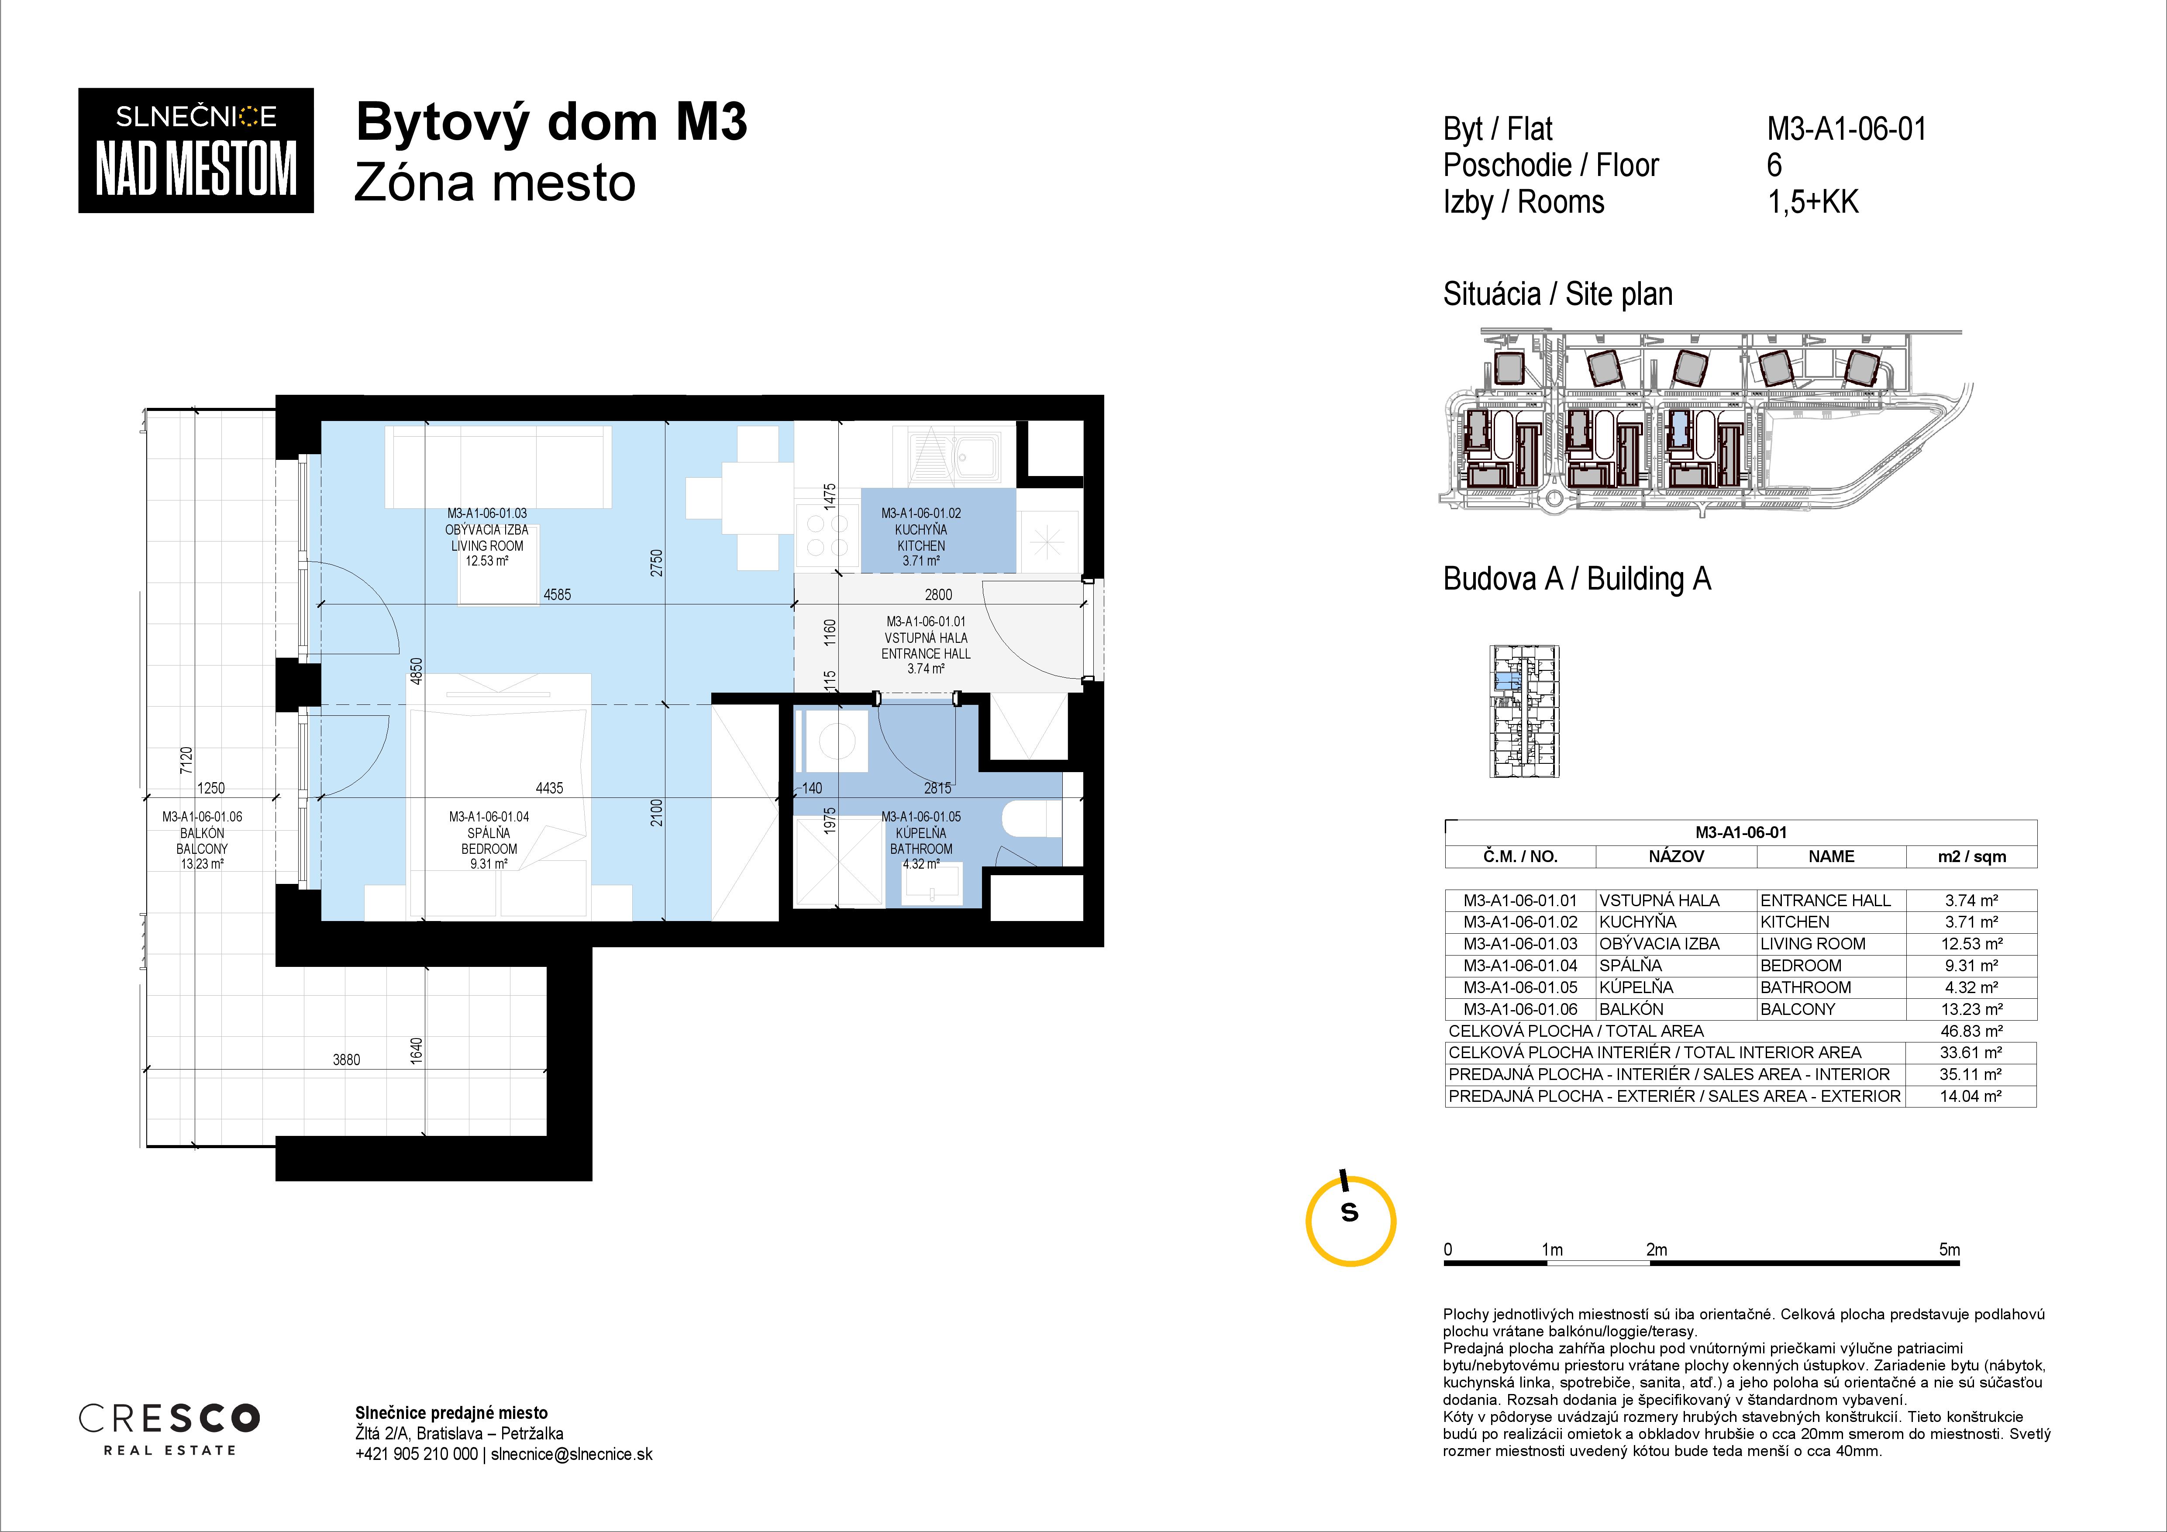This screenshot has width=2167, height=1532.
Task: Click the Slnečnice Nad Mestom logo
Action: (195, 150)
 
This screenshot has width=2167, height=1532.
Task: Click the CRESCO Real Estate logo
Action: (169, 1428)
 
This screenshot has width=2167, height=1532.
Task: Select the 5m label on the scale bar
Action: (1949, 1249)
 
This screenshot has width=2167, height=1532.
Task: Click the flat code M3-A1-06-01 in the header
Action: (1846, 128)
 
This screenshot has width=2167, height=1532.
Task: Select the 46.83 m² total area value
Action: (1971, 1031)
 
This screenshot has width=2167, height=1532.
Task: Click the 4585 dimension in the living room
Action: (557, 595)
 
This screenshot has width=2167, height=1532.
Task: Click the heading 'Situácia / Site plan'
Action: (1557, 294)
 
